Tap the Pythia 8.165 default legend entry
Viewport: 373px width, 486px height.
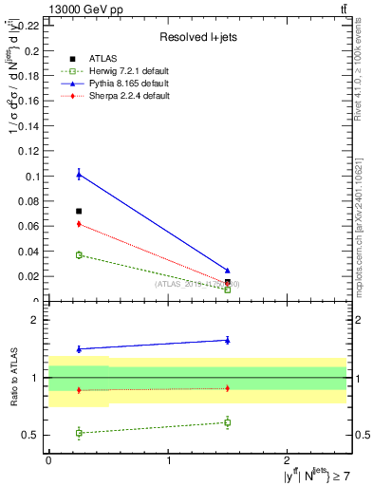[x=121, y=84]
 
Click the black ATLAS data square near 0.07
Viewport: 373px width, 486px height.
[x=79, y=211]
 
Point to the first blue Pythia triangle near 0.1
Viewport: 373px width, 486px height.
[x=79, y=174]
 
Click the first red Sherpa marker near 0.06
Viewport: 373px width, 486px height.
[x=79, y=224]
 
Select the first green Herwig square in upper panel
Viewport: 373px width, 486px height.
[x=79, y=254]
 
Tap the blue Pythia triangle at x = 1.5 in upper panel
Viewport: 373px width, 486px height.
[x=228, y=271]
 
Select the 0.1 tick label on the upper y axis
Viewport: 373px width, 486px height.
[x=33, y=177]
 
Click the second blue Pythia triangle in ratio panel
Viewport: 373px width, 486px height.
[x=228, y=340]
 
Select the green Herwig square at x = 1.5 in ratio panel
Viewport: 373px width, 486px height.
[x=228, y=422]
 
